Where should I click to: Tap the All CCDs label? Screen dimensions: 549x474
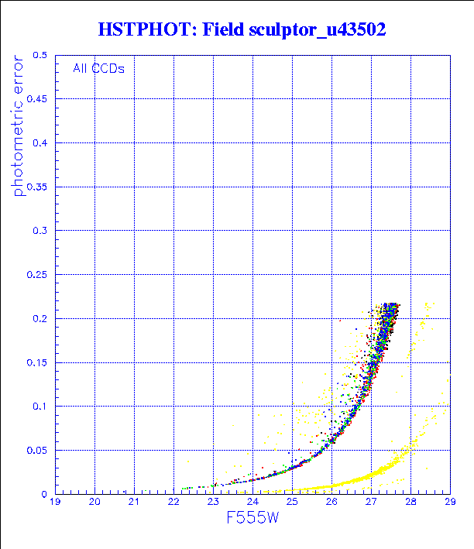click(98, 68)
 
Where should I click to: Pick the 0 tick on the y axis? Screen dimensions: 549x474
click(45, 494)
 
